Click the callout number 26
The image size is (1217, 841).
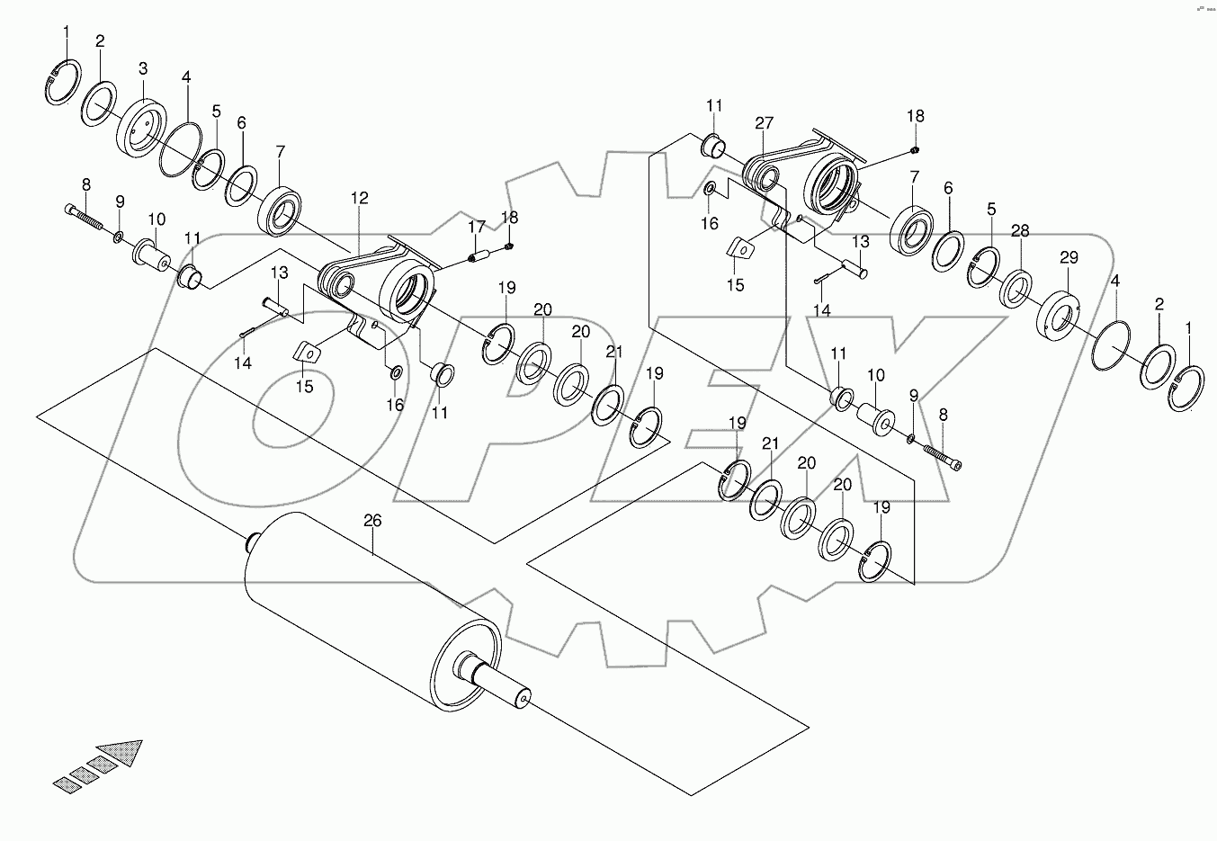coord(373,520)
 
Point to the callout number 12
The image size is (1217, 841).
coord(360,198)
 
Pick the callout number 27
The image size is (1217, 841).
coord(765,123)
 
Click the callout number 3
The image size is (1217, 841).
coord(142,68)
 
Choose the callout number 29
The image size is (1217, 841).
coord(1068,258)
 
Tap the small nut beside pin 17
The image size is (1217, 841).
coord(509,246)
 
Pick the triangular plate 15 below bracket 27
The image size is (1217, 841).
coord(738,248)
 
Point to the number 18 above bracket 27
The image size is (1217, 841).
coord(915,116)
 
